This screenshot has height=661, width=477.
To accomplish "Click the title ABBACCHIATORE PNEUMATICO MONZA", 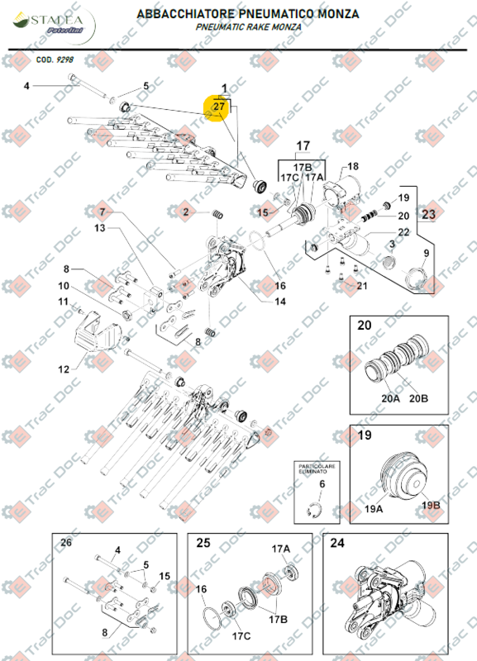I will [249, 14].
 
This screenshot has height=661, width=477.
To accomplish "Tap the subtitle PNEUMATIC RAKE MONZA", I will [249, 27].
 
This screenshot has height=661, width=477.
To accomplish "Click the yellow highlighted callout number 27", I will [220, 107].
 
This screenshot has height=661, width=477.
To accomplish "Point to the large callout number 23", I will [428, 214].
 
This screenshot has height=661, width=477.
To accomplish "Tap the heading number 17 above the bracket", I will [303, 146].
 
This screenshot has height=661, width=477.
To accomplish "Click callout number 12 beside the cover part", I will [64, 369].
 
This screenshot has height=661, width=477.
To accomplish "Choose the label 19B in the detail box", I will [431, 505].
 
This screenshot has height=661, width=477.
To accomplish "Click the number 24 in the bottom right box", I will [336, 543].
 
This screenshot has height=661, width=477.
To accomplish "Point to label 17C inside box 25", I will [241, 636].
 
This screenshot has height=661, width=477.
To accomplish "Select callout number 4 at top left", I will [26, 86].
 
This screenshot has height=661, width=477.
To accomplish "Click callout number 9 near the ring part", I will [427, 253].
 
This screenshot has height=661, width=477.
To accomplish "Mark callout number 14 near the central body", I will [279, 301].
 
